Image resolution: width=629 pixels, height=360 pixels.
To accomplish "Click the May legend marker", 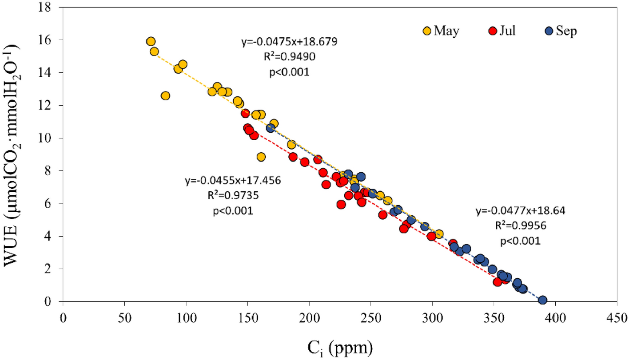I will pyautogui.click(x=427, y=31).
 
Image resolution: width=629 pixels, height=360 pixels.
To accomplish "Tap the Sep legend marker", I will pyautogui.click(x=549, y=31).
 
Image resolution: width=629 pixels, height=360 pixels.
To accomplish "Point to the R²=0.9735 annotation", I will pyautogui.click(x=233, y=196).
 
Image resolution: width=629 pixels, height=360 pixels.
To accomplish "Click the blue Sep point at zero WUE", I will pyautogui.click(x=542, y=300).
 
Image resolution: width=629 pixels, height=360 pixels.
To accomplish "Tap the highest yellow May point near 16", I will pyautogui.click(x=151, y=41).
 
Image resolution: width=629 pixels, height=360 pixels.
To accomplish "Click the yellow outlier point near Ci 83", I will pyautogui.click(x=165, y=95).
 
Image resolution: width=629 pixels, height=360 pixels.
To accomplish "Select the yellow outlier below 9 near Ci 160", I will pyautogui.click(x=261, y=157).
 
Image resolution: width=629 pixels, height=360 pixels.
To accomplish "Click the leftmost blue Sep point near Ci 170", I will pyautogui.click(x=271, y=128).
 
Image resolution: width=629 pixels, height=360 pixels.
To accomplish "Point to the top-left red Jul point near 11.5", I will pyautogui.click(x=245, y=113).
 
